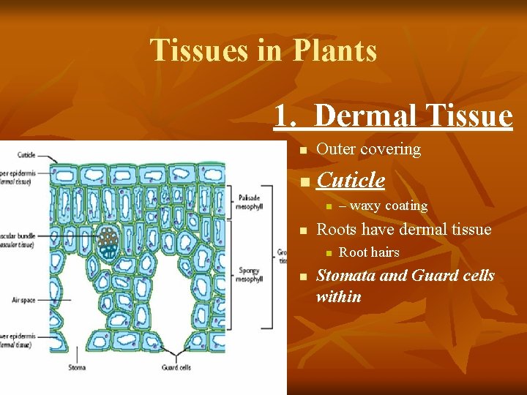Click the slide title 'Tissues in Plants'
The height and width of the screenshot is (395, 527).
[x=263, y=50]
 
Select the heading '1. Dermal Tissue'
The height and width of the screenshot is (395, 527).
[x=393, y=116]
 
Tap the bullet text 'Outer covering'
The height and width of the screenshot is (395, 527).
[x=368, y=149]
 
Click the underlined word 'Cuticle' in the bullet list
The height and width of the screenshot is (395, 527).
[x=351, y=180]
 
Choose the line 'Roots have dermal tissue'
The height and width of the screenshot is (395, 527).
[x=403, y=230]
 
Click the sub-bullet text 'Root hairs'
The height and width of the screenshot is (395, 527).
[x=369, y=252]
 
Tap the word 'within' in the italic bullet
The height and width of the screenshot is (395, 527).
[x=339, y=296]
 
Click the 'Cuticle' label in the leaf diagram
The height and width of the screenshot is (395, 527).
[x=26, y=155]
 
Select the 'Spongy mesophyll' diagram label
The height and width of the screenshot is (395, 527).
[x=248, y=274]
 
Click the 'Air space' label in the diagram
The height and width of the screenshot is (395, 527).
[x=23, y=299]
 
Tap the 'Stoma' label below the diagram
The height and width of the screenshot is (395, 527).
[x=77, y=367]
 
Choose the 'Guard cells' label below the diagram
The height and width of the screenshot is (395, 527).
[x=176, y=367]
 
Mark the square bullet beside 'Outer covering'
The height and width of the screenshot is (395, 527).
[x=301, y=150]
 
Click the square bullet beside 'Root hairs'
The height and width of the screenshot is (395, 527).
[x=329, y=253]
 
